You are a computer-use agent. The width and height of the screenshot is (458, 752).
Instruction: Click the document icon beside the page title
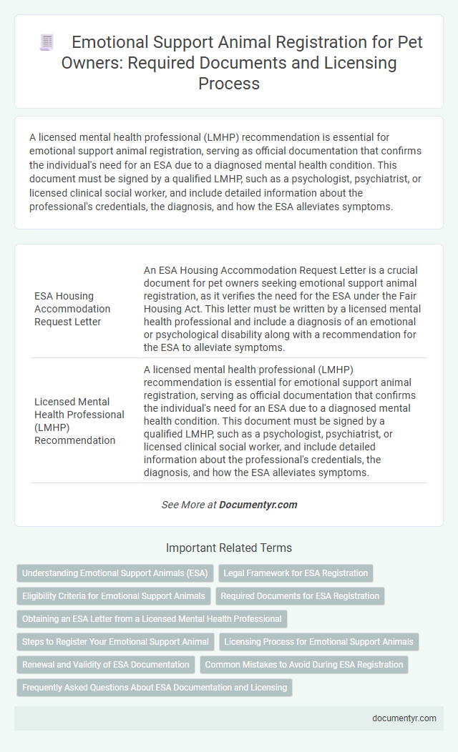point(46,43)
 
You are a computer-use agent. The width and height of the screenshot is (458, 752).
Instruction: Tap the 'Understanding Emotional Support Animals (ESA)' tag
point(114,573)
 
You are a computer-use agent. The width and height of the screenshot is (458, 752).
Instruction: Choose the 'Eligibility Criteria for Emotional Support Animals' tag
point(114,595)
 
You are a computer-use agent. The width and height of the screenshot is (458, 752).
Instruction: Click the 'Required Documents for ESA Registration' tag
point(300,595)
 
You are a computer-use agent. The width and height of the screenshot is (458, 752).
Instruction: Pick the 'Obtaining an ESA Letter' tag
point(152,618)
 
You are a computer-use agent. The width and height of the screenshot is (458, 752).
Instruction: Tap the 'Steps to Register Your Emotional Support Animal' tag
point(115,641)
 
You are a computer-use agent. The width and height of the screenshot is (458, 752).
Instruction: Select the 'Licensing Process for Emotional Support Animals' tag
point(318,641)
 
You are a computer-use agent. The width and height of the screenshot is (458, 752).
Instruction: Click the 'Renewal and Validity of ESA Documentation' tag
point(106,664)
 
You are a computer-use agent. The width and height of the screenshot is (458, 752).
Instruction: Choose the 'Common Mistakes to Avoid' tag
point(303,664)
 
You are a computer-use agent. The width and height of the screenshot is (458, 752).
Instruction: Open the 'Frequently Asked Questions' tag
point(155,687)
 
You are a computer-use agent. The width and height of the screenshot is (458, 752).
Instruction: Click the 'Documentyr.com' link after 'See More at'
point(258,505)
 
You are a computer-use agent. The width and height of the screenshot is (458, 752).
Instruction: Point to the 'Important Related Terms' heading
point(229,548)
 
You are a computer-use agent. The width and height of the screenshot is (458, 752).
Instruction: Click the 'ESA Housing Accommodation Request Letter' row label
point(72,309)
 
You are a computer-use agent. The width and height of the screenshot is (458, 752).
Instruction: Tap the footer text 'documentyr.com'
point(404,718)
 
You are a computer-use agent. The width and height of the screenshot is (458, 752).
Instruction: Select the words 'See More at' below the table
point(188,505)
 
